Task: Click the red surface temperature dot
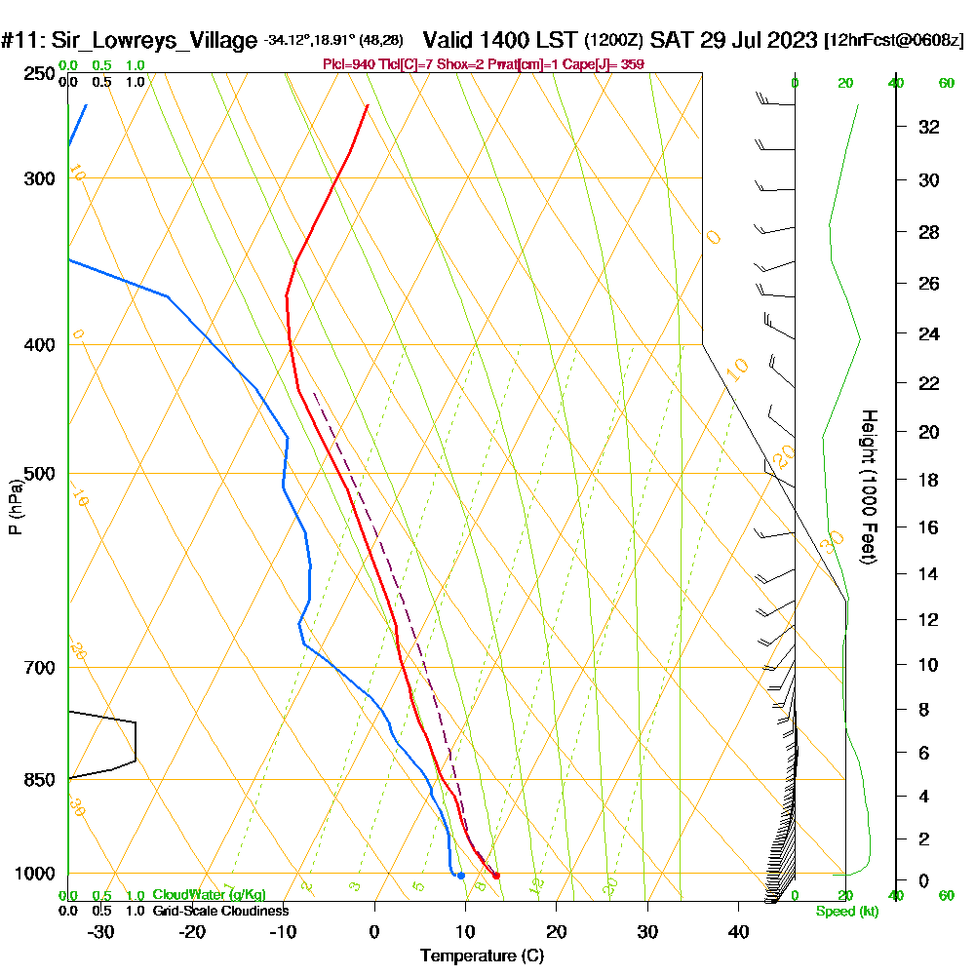496,876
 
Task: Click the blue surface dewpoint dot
461,876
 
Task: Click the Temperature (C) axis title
482,955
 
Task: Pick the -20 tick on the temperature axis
192,932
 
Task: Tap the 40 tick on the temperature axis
738,932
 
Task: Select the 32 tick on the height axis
929,127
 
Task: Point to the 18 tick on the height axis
929,480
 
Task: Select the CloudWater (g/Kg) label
209,895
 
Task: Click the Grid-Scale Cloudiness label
220,911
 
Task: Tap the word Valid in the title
449,41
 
